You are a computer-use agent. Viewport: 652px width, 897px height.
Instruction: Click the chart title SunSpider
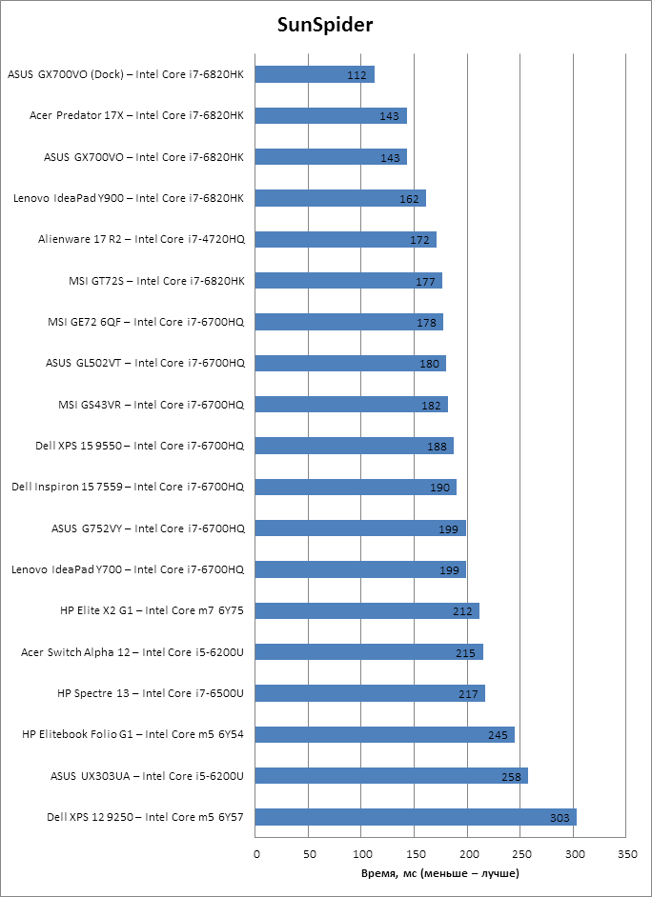click(x=325, y=26)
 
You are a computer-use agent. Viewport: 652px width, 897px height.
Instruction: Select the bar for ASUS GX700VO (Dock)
click(x=315, y=74)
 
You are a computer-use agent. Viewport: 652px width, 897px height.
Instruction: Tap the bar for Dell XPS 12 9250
click(x=416, y=817)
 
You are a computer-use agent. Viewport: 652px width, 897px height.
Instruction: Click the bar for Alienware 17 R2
click(x=346, y=239)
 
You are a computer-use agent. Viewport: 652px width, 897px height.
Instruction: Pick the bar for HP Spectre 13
click(x=370, y=693)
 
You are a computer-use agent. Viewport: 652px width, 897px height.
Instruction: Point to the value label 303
click(x=560, y=818)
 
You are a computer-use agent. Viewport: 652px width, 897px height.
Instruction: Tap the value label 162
click(x=410, y=199)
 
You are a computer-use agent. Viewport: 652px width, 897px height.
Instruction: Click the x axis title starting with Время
click(x=440, y=873)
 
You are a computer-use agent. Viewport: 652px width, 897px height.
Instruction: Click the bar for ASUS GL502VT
click(x=351, y=363)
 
